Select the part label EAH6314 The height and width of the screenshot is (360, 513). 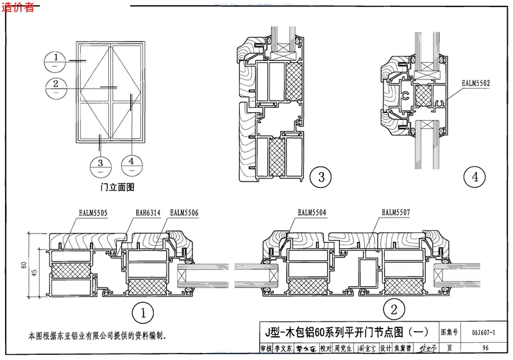149,212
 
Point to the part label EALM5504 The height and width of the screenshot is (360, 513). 312,212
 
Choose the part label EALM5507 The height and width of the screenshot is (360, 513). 396,212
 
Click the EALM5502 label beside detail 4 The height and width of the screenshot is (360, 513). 476,82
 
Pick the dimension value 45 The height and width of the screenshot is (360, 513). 35,270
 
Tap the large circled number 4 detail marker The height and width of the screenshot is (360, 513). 475,176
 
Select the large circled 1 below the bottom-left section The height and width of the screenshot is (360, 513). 142,313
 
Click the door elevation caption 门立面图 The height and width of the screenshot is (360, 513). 117,187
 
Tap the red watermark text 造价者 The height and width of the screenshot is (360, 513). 20,8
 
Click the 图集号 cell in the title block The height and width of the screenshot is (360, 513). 450,332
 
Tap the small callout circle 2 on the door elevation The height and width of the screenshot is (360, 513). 56,85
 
